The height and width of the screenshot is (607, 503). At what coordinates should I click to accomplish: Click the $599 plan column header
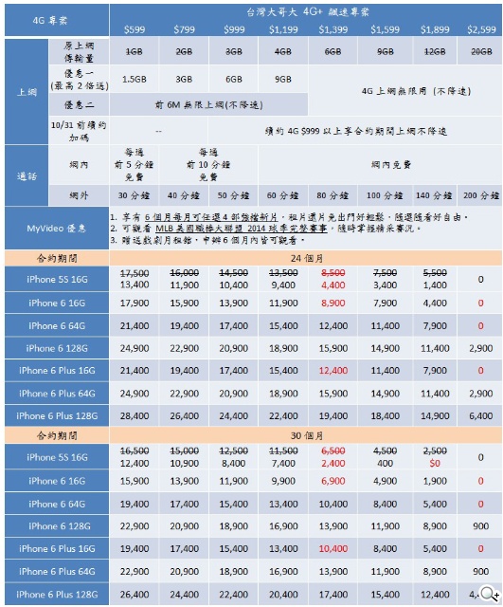[x=134, y=30]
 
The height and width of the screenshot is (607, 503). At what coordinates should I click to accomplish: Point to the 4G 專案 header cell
[x=55, y=18]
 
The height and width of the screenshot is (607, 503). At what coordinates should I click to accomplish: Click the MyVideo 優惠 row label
[x=55, y=228]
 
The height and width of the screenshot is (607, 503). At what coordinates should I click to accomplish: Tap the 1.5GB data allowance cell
[x=134, y=79]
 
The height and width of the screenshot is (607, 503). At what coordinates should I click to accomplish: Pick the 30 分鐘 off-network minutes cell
[x=134, y=195]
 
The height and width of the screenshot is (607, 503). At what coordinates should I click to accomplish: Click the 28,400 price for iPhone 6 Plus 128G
[x=134, y=415]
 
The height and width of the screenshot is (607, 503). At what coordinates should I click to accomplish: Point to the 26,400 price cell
[x=134, y=594]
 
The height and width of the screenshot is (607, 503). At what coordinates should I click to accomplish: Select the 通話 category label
[x=27, y=175]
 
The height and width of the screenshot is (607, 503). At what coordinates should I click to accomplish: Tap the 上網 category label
[x=27, y=91]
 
